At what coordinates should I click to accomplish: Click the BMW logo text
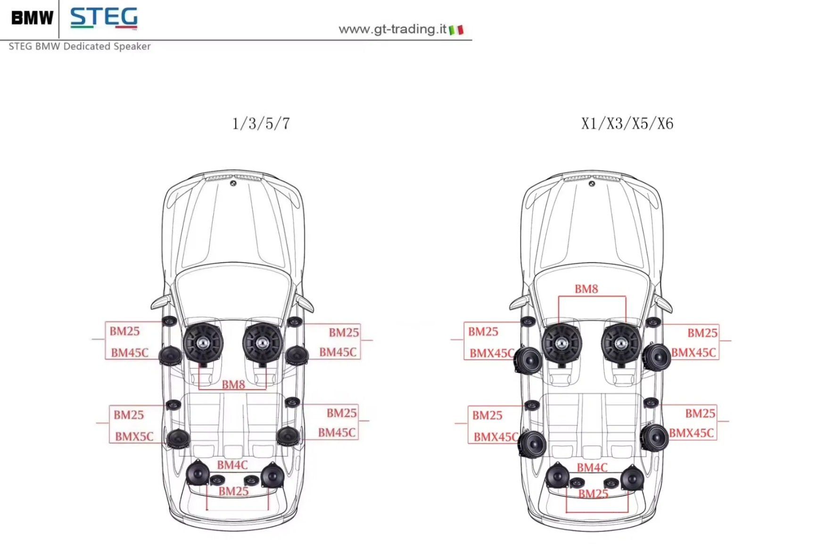tap(32, 18)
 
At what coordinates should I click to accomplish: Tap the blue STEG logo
tap(104, 18)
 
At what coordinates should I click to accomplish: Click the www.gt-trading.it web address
tap(392, 29)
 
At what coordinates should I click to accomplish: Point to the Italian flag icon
tap(456, 30)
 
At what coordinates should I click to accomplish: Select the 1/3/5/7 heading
tap(261, 124)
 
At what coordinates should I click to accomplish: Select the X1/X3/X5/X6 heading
tap(627, 124)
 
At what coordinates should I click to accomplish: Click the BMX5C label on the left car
tap(134, 437)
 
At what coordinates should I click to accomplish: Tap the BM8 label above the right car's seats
tap(586, 289)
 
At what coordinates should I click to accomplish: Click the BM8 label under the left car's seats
tap(233, 385)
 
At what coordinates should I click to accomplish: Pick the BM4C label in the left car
tap(232, 465)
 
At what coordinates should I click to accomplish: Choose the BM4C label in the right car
tap(592, 468)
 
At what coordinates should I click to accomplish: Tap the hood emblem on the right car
tap(592, 184)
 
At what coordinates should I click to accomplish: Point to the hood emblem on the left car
tap(233, 183)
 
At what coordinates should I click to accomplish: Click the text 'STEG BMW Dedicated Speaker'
tap(80, 46)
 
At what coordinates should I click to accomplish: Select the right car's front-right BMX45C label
tap(694, 353)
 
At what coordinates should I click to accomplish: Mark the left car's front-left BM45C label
tap(130, 353)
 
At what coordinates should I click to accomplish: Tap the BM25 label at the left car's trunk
tap(233, 491)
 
